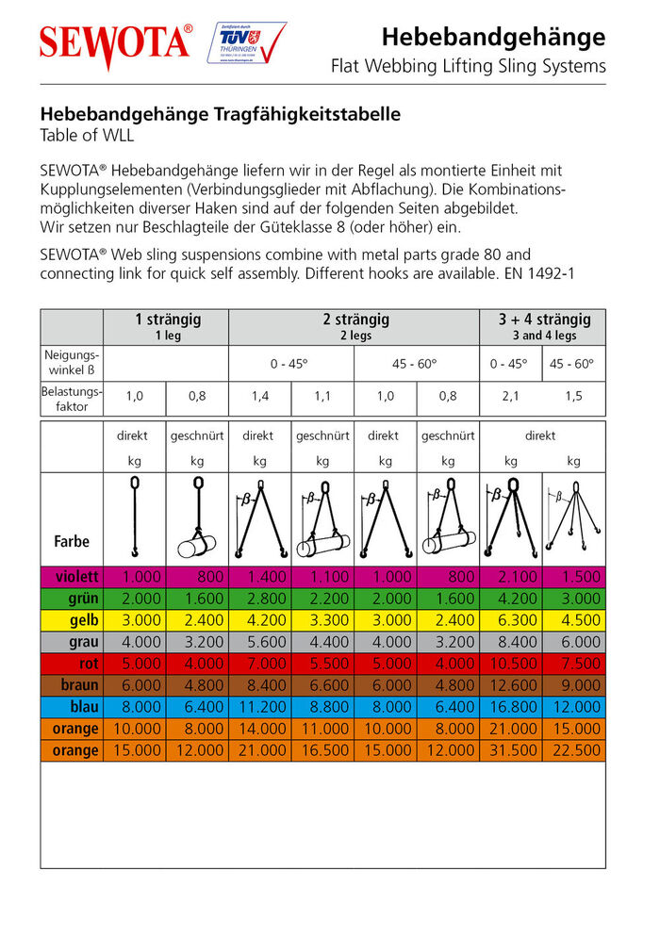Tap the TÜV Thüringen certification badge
tap(246, 43)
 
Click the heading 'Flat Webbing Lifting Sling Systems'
tap(468, 67)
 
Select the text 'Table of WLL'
tap(87, 135)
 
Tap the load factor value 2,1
tap(511, 397)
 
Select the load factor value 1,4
tap(259, 397)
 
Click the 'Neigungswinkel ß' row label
tap(72, 364)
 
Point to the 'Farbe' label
tap(72, 542)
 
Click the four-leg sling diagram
tap(573, 518)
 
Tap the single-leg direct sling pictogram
tap(135, 518)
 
